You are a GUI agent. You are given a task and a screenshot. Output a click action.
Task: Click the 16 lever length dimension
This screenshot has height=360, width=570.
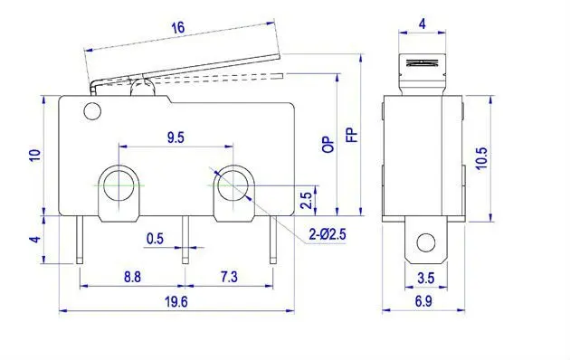(178, 28)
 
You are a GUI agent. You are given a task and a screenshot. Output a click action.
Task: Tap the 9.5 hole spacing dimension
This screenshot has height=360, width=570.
(176, 137)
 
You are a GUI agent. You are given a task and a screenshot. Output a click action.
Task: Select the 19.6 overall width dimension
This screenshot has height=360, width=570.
(176, 301)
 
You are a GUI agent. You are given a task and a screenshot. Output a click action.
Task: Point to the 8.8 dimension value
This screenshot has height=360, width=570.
(132, 277)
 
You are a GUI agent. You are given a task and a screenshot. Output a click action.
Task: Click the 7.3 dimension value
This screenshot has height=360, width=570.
(230, 277)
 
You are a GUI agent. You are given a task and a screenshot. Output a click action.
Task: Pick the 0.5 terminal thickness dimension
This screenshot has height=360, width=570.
(156, 239)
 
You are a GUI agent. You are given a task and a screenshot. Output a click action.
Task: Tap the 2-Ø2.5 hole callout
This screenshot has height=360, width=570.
(328, 234)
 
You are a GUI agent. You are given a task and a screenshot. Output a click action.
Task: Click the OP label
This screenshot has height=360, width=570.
(328, 145)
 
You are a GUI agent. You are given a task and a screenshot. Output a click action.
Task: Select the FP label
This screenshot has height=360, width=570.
(352, 135)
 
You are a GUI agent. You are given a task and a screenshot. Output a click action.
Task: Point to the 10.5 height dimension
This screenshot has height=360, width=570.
(481, 158)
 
